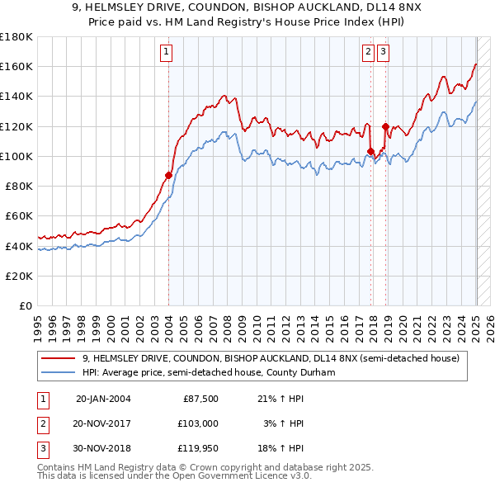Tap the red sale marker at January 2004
(168, 174)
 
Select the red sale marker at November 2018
(385, 125)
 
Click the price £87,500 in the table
(200, 399)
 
